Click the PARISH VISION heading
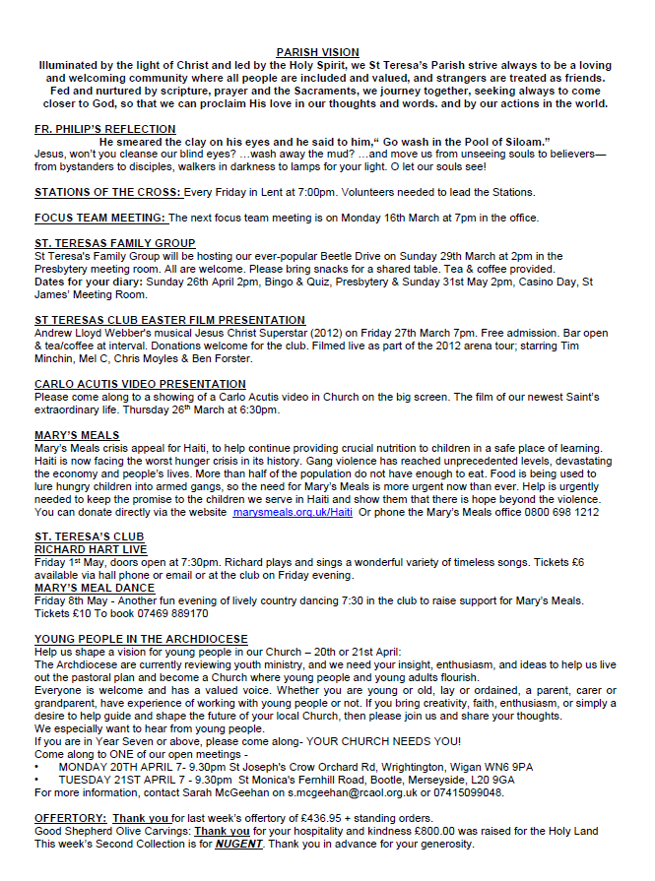[x=317, y=52]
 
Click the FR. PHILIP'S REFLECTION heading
[x=105, y=129]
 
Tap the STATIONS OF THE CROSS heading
[x=108, y=192]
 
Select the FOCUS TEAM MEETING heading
[x=100, y=218]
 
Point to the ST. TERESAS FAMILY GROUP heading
[x=115, y=243]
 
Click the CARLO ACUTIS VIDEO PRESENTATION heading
[x=140, y=384]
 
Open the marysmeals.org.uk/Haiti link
[x=293, y=512]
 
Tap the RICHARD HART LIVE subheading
[x=91, y=549]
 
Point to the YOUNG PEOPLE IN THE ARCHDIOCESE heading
[x=141, y=639]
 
